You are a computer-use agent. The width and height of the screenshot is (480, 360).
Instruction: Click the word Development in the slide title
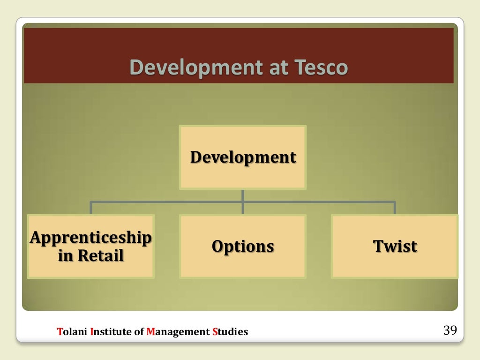click(195, 67)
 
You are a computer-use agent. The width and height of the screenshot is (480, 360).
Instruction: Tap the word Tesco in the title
click(321, 67)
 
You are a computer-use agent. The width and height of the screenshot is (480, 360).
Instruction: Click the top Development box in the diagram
click(243, 157)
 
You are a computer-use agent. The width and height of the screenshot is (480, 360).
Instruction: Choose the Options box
click(243, 246)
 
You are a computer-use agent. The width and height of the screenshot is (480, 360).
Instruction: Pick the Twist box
click(395, 246)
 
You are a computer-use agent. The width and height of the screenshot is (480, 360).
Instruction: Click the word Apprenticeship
click(90, 238)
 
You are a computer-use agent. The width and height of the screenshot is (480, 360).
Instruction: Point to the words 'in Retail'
click(90, 256)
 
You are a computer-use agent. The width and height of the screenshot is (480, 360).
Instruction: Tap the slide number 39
click(450, 330)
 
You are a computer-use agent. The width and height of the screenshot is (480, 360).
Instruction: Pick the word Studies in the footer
click(230, 332)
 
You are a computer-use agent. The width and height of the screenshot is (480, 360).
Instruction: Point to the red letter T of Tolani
click(59, 332)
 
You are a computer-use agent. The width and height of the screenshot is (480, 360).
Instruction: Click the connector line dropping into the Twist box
click(395, 208)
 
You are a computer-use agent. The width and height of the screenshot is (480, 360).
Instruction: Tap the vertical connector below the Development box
click(243, 196)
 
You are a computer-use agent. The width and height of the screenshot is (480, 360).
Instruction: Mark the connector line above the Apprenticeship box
click(91, 208)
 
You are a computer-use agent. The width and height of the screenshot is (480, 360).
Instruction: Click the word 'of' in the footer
click(139, 332)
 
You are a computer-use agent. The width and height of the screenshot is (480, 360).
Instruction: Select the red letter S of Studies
click(215, 332)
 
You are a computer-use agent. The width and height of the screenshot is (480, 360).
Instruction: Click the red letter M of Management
click(150, 332)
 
